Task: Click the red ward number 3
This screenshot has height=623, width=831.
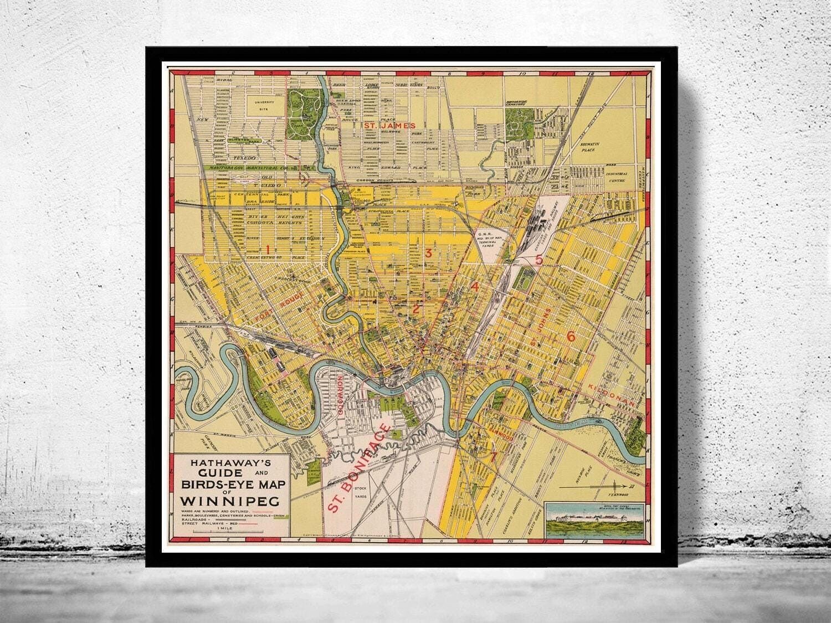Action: tap(428, 253)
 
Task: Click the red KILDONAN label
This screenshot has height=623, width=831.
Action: tap(612, 395)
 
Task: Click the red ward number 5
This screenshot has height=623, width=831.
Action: tap(538, 260)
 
